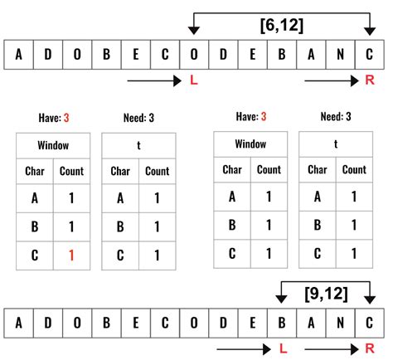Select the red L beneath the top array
coord(194,80)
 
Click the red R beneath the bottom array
coord(370,348)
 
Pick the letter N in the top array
coord(337,55)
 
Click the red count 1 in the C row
coord(70,255)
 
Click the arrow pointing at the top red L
coord(154,80)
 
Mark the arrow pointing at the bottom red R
coord(331,348)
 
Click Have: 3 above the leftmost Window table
coord(54,119)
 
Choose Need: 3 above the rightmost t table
coord(336,117)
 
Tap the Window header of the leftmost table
coord(53,145)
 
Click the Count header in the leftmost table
coord(70,172)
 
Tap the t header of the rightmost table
coord(336,144)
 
